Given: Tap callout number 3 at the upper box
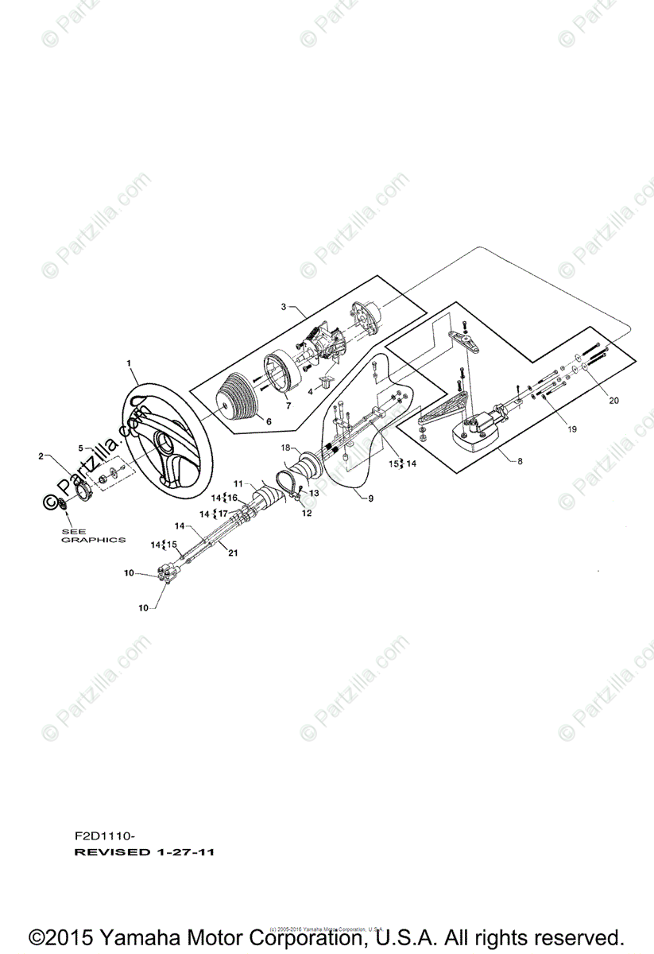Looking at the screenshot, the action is (x=284, y=306).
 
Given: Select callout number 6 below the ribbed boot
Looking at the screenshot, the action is (x=269, y=421).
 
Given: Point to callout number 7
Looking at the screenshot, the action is (x=288, y=405).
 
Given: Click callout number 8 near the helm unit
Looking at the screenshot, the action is (x=520, y=460).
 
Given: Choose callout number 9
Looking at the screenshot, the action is (x=369, y=498).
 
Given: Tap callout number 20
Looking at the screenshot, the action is (x=613, y=401).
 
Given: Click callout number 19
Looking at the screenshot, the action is (x=573, y=429).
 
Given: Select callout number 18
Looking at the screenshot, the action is (x=286, y=448).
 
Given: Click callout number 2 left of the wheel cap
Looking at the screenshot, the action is (x=41, y=456).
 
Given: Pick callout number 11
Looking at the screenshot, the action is (x=238, y=484).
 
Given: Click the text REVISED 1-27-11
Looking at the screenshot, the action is (x=144, y=852).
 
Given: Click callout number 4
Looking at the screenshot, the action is (x=310, y=392).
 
